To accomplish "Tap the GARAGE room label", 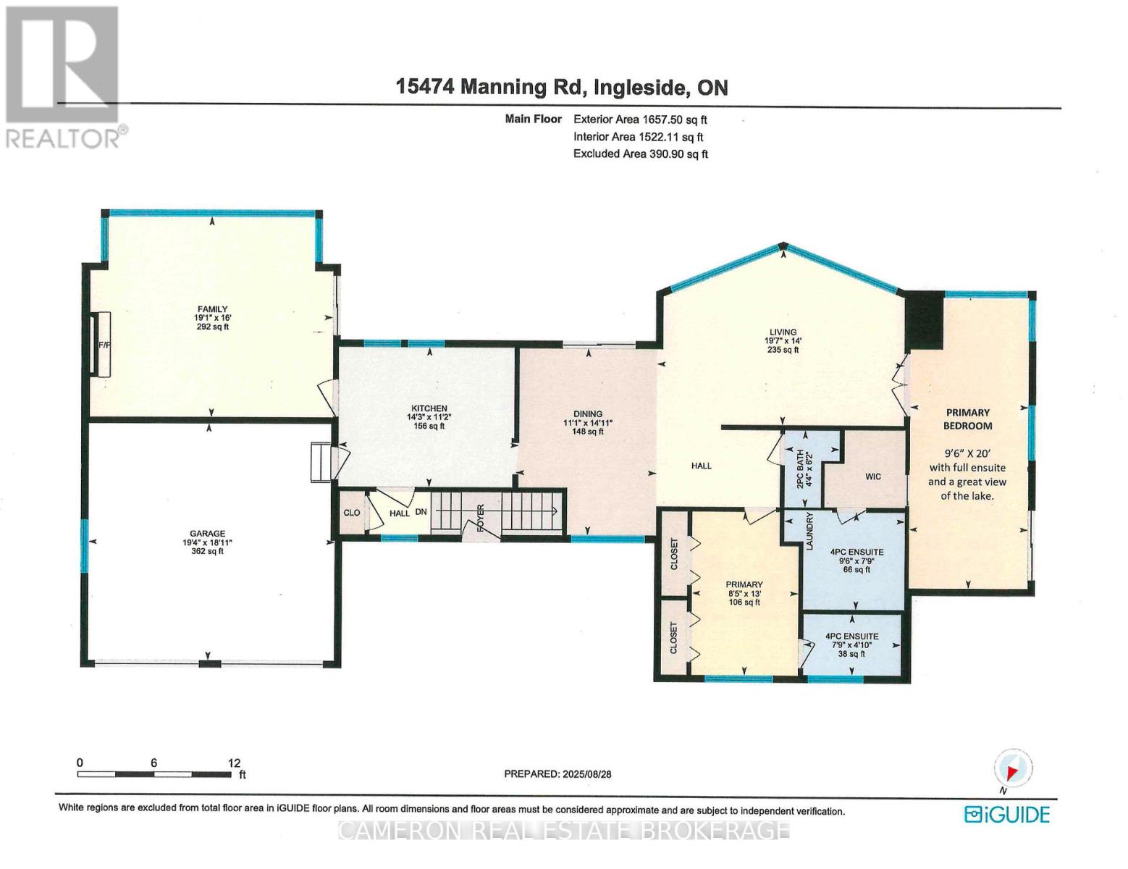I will point(208,534).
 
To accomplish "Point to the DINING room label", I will point(588,414).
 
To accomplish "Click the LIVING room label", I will point(783,332).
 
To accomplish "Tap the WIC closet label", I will point(872,477).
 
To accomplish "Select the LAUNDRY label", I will point(810,532).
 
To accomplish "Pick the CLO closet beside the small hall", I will point(352,513).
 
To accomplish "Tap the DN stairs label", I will point(421,512).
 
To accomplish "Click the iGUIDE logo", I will point(1006,814).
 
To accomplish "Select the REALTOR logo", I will point(64,76).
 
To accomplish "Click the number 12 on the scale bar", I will point(234,763).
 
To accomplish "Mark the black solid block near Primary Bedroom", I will point(925,319).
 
